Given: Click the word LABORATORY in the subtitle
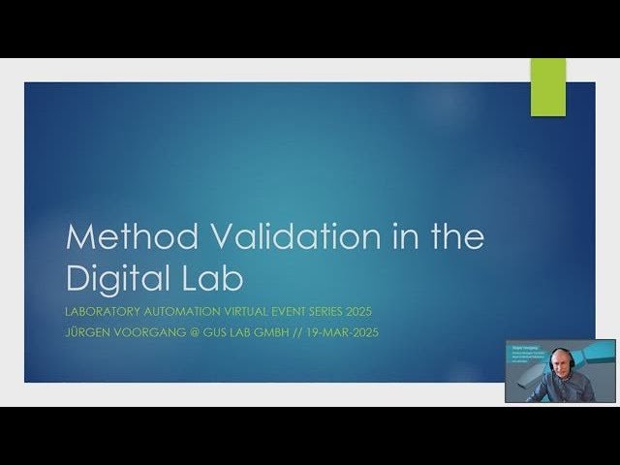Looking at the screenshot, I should tap(106, 311).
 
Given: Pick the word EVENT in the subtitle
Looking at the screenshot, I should tap(324, 311).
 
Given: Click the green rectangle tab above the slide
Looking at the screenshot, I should tap(547, 87).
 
